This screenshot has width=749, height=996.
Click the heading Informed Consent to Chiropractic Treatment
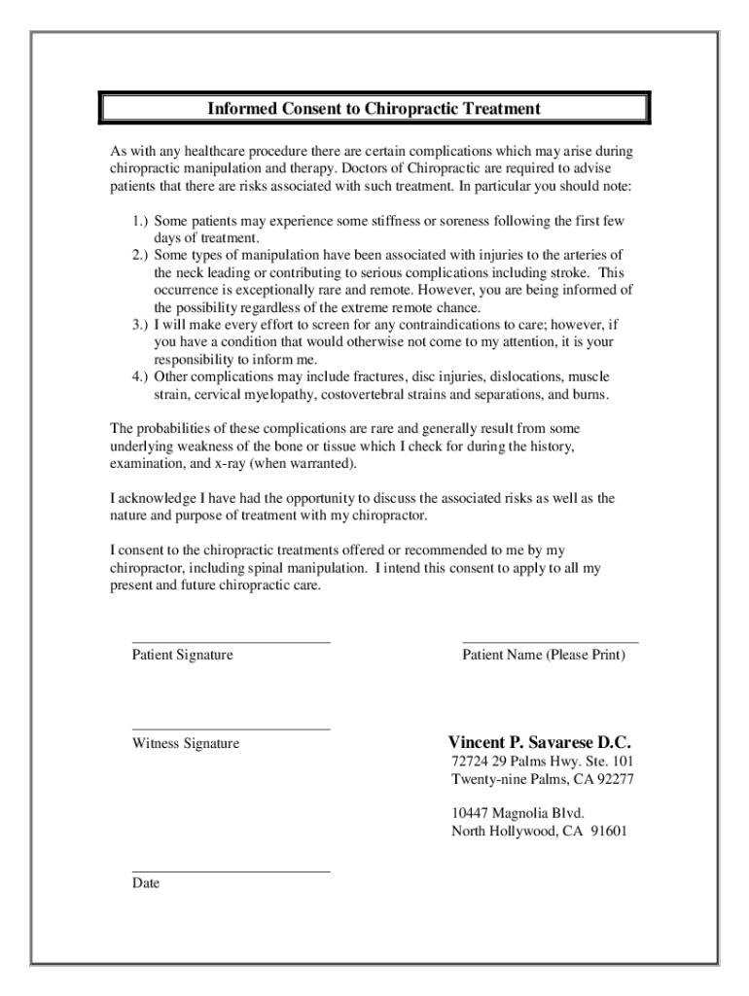click(x=374, y=108)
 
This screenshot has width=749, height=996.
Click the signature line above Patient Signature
click(x=231, y=643)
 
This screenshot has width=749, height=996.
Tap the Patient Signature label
click(x=182, y=656)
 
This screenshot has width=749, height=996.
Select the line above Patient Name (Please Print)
click(x=550, y=643)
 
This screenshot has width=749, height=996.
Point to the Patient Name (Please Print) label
click(x=544, y=656)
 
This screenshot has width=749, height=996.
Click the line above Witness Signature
click(x=231, y=729)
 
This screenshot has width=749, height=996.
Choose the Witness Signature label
click(x=185, y=744)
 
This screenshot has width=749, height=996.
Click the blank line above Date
click(x=231, y=871)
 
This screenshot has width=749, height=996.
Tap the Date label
click(x=146, y=884)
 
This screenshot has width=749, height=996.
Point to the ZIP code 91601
click(x=606, y=832)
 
